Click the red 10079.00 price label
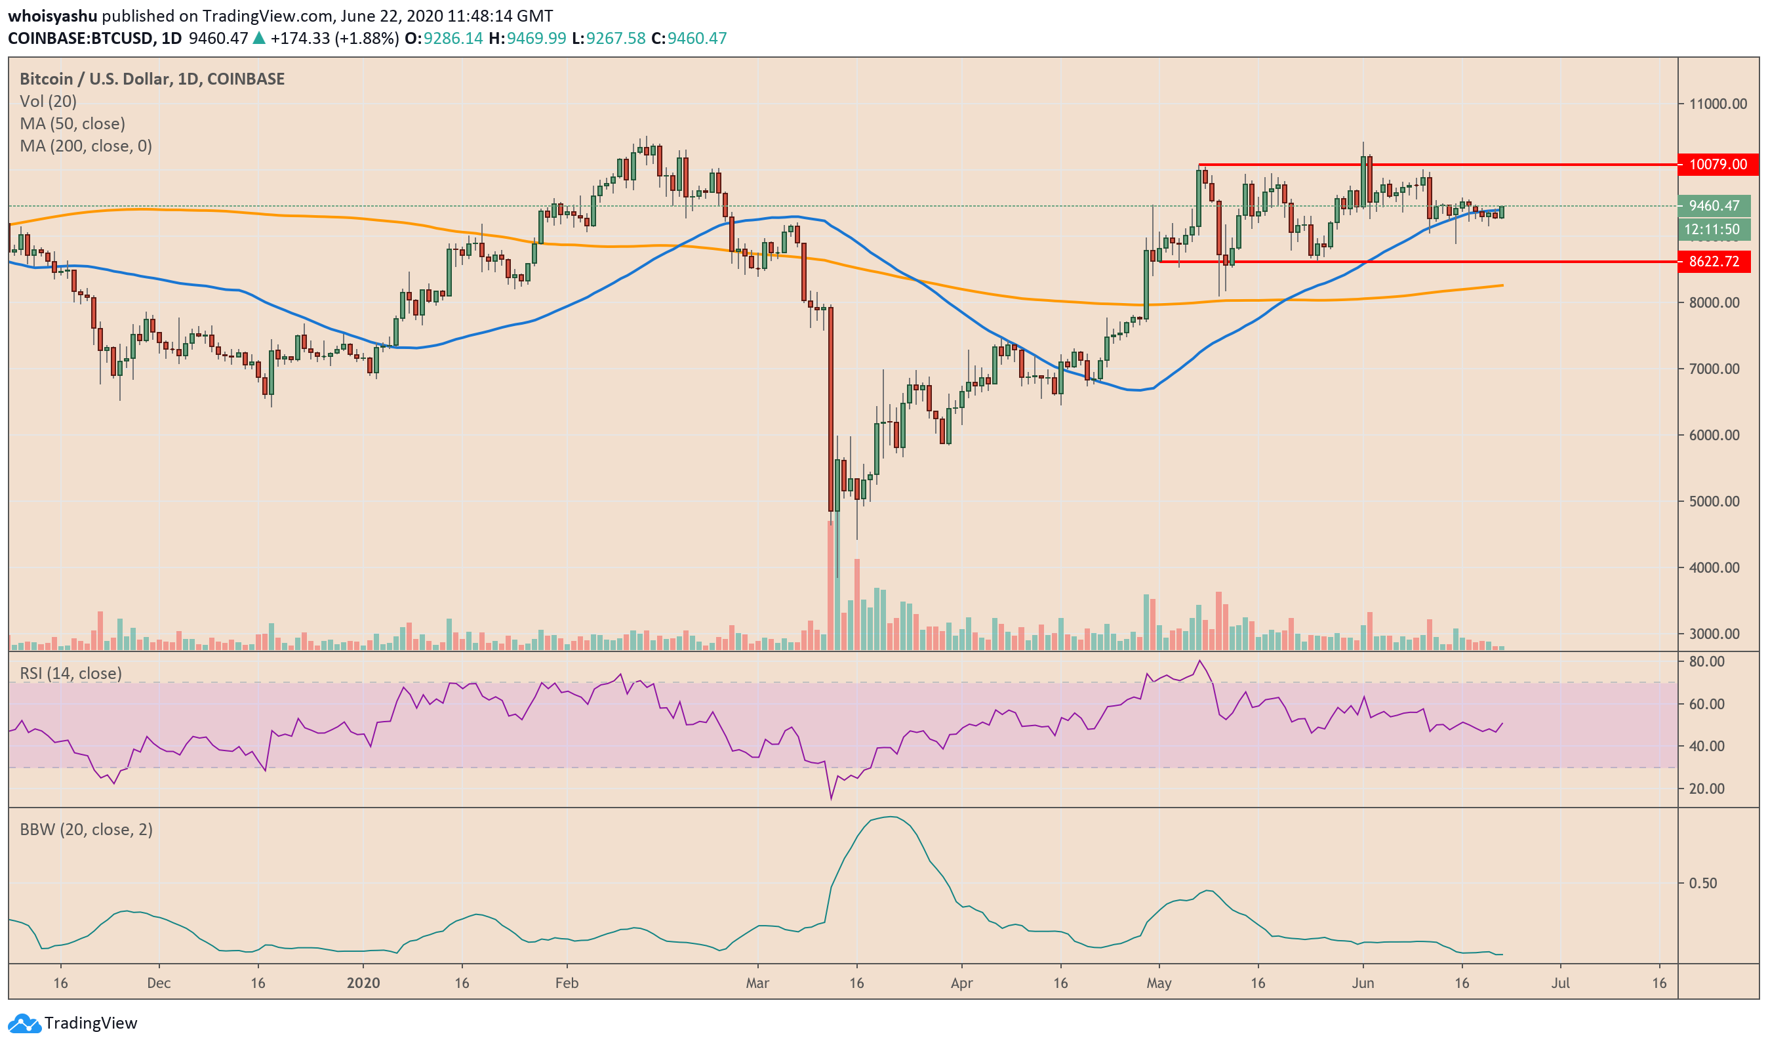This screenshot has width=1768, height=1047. (x=1718, y=165)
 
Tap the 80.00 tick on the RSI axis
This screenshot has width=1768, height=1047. (x=1706, y=662)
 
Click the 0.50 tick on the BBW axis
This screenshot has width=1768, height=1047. (x=1703, y=883)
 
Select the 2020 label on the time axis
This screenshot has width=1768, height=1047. (x=363, y=983)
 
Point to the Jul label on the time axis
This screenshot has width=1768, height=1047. (x=1561, y=983)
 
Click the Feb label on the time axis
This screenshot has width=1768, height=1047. (x=567, y=983)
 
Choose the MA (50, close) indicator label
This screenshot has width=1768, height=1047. (x=73, y=124)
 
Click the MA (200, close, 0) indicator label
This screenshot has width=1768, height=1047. (x=86, y=146)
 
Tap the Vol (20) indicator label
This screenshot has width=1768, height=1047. (x=48, y=102)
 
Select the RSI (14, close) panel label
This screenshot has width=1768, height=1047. (x=71, y=674)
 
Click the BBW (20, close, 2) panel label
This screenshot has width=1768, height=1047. (x=86, y=830)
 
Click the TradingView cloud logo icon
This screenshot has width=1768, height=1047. (x=24, y=1023)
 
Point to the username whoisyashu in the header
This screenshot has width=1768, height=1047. (x=53, y=16)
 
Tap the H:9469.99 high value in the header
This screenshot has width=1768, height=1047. (x=527, y=38)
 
